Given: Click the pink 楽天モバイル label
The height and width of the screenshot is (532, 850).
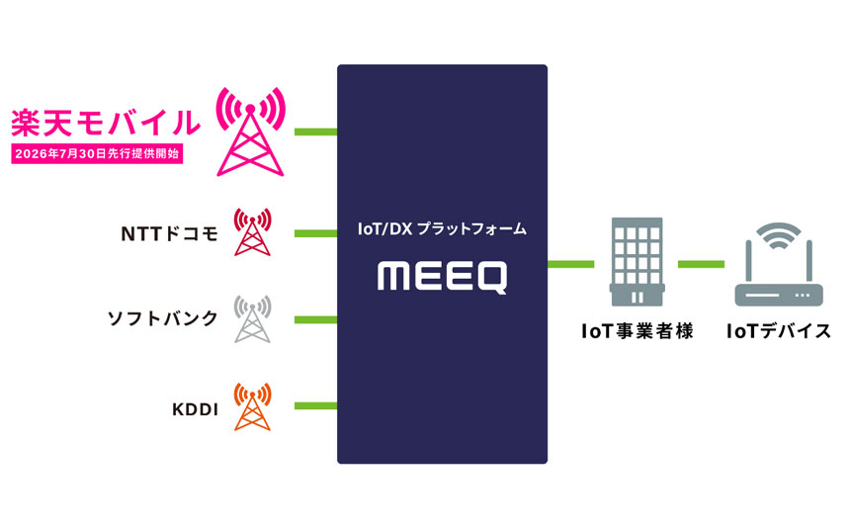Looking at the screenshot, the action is coord(106,123).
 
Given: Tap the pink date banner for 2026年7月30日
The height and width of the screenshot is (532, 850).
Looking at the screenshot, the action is coord(97,153).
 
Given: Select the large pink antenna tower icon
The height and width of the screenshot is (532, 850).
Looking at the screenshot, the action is coord(250,132).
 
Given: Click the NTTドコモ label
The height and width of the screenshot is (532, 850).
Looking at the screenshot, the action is coord(169,233).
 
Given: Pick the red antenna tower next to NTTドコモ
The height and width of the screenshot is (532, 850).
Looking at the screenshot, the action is coord(253,231).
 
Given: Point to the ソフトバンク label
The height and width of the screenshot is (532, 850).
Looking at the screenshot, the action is coord(163,318).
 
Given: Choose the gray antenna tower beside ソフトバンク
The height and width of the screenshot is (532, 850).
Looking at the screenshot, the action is coord(253,318).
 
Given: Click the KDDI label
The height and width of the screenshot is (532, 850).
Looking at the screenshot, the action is coord(195,409).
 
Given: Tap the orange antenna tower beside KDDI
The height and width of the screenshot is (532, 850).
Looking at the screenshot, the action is coord(253,406).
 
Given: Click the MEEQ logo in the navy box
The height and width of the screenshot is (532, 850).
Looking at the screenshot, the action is coord(443,277).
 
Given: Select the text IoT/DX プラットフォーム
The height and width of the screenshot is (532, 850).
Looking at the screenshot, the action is coord(443,229).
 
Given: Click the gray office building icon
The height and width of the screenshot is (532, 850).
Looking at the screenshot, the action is coord(637,262).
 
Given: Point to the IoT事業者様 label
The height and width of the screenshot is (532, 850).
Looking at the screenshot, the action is coord(637,331).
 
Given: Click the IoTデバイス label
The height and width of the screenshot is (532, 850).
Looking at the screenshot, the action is coord(779,331).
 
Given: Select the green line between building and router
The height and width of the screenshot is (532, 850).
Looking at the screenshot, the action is coord(701,264).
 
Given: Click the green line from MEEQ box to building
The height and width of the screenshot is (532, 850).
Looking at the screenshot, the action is coord(571,264).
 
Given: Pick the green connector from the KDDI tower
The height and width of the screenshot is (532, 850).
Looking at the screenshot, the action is coord(315,405).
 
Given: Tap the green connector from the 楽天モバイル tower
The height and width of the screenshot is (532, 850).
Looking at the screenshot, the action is coord(315,132).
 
